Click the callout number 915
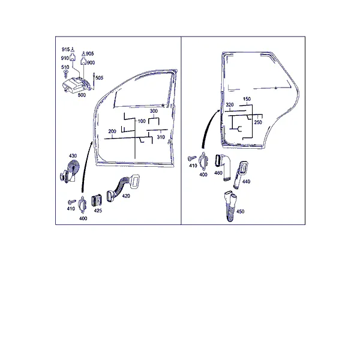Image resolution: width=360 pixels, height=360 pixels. point(65,49)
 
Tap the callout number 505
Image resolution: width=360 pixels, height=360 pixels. point(99,78)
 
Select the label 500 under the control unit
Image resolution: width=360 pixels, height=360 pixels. point(82,95)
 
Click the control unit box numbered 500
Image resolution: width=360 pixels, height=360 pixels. point(76,85)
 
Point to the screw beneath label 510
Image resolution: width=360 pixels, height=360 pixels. point(66,74)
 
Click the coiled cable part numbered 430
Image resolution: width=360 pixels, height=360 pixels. point(70,171)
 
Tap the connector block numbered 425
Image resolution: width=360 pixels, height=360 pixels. point(97,200)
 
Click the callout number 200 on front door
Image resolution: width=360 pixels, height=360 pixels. point(112,131)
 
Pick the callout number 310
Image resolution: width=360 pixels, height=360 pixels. point(161,137)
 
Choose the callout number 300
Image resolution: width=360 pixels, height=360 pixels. point(154,111)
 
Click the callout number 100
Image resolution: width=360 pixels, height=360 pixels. point(142,121)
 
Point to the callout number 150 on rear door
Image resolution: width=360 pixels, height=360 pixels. point(247,99)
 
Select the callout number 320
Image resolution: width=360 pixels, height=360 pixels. point(230,105)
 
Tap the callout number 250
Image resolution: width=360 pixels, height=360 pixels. point(258,122)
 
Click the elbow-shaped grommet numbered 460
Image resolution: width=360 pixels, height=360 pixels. point(223,166)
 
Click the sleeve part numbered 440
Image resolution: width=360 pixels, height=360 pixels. point(241,175)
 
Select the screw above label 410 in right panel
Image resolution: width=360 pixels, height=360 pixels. point(192,158)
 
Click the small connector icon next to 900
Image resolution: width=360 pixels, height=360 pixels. point(83,62)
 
